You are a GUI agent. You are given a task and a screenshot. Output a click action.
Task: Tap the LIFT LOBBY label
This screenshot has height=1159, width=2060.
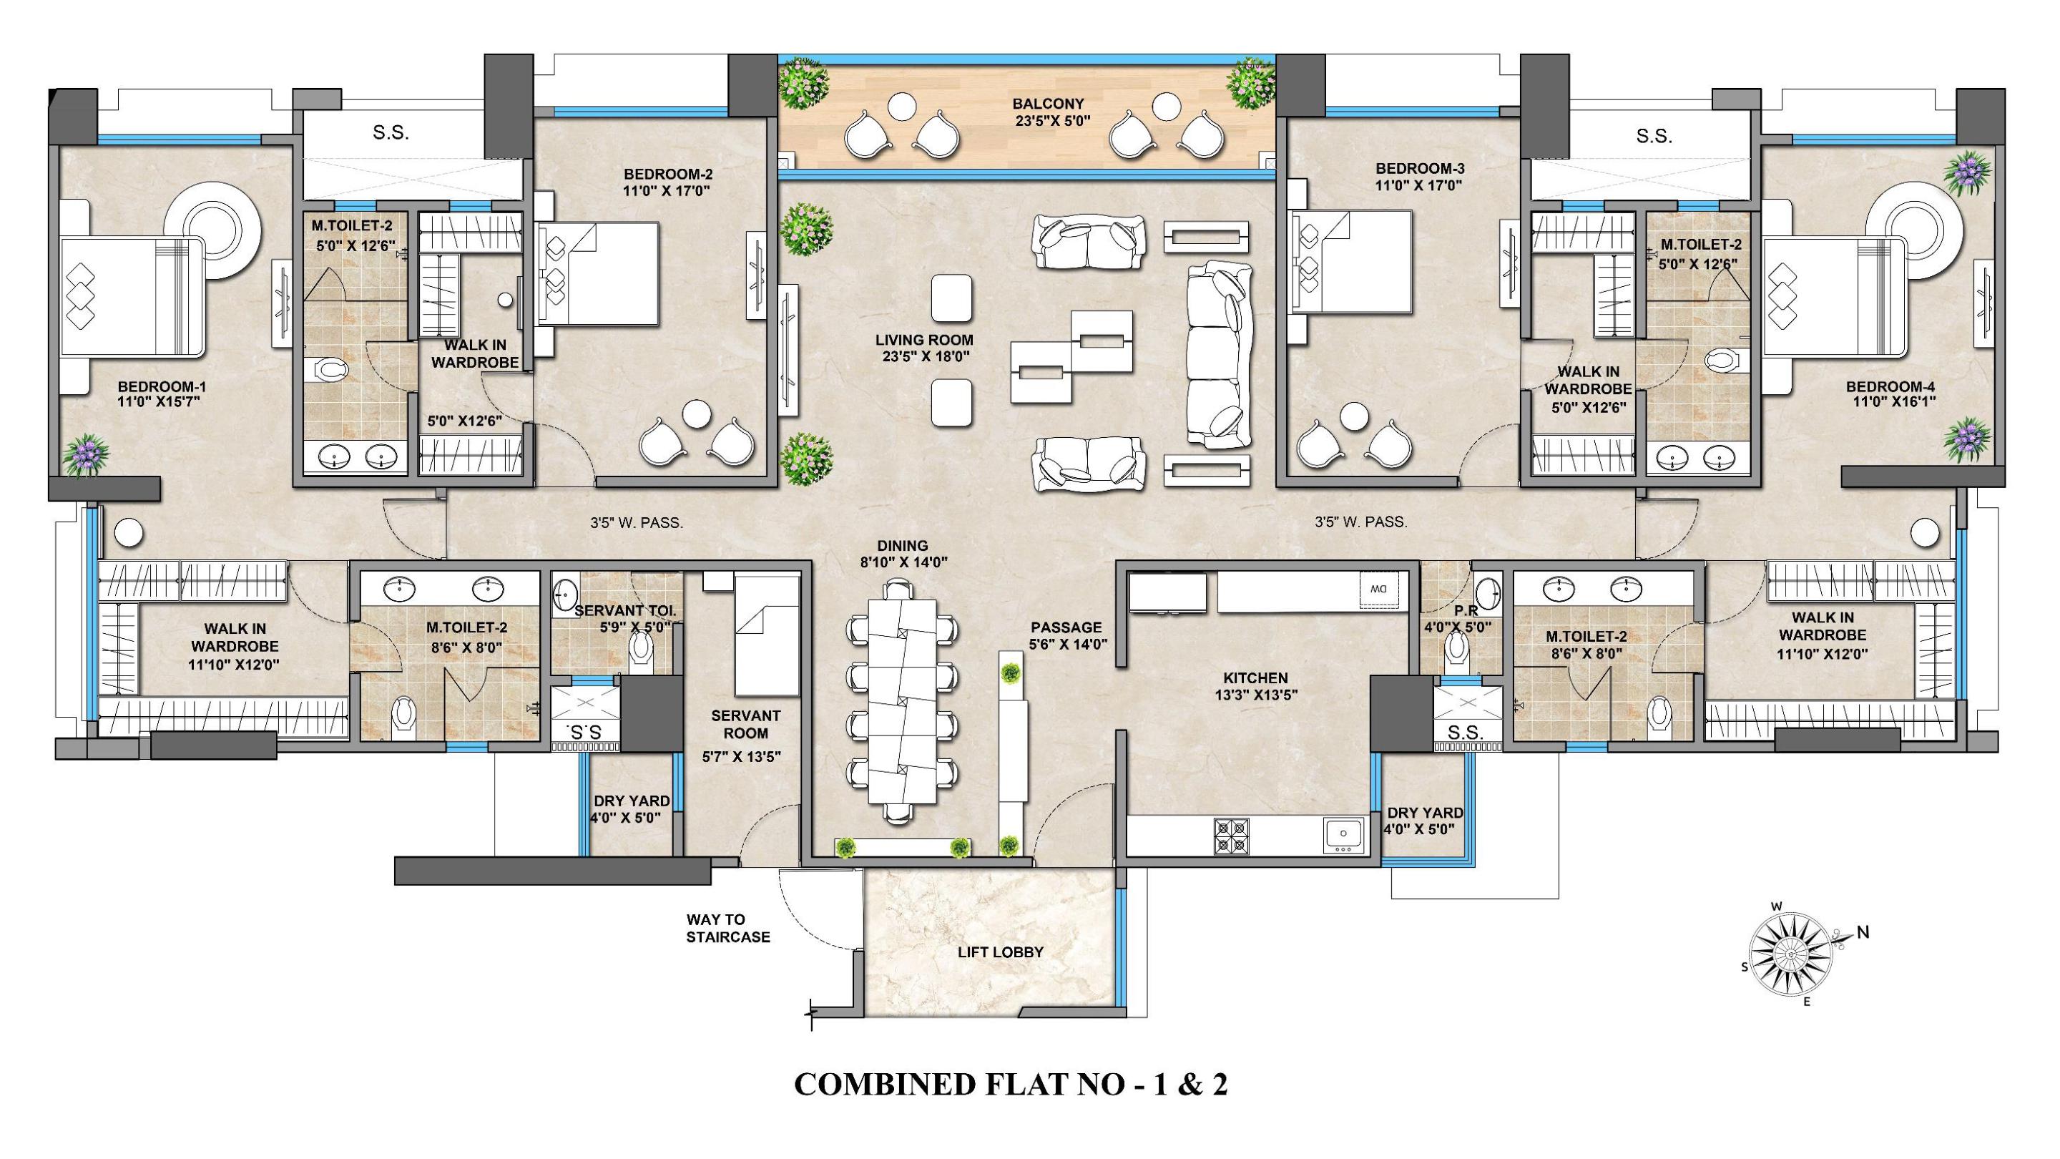click(x=1001, y=952)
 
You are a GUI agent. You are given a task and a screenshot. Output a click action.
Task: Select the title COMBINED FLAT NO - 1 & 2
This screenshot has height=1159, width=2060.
click(x=1010, y=1085)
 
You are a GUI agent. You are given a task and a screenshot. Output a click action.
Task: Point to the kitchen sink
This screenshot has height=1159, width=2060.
click(x=1343, y=834)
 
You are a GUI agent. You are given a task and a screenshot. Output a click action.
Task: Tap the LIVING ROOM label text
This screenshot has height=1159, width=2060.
click(x=923, y=340)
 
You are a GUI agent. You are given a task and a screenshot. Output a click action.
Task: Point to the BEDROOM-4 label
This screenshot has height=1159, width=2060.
click(x=1890, y=386)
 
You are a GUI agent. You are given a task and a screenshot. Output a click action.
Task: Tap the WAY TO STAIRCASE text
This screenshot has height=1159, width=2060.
click(x=727, y=929)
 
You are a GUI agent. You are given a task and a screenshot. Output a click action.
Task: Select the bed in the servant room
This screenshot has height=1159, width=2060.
click(x=767, y=637)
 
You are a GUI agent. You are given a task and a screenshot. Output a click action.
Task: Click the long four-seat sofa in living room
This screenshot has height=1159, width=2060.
click(x=1218, y=353)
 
